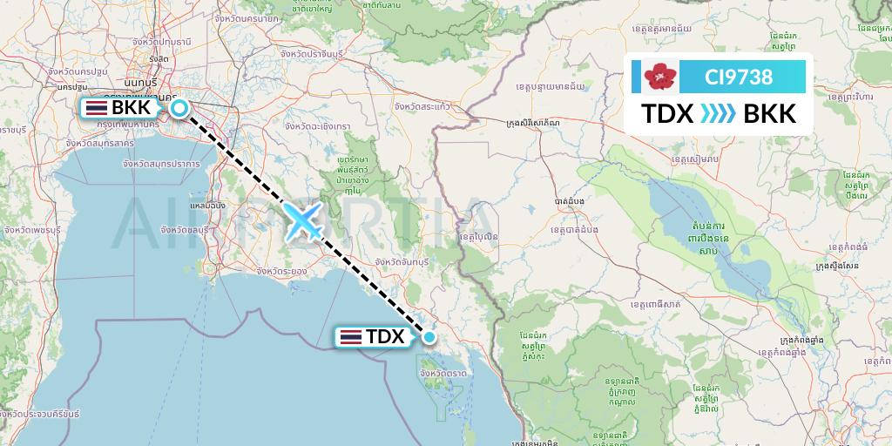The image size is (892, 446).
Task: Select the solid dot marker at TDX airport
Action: (x=429, y=336)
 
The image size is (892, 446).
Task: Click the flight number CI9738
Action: (x=738, y=77)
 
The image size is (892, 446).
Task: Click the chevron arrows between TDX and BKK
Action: (x=719, y=114)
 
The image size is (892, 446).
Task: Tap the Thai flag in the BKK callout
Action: (x=96, y=108)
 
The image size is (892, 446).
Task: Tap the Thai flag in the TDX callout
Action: (x=351, y=336)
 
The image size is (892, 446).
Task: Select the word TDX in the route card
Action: (x=667, y=114)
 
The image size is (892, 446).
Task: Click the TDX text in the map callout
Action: (x=384, y=336)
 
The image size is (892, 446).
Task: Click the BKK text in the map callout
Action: (x=132, y=108)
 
